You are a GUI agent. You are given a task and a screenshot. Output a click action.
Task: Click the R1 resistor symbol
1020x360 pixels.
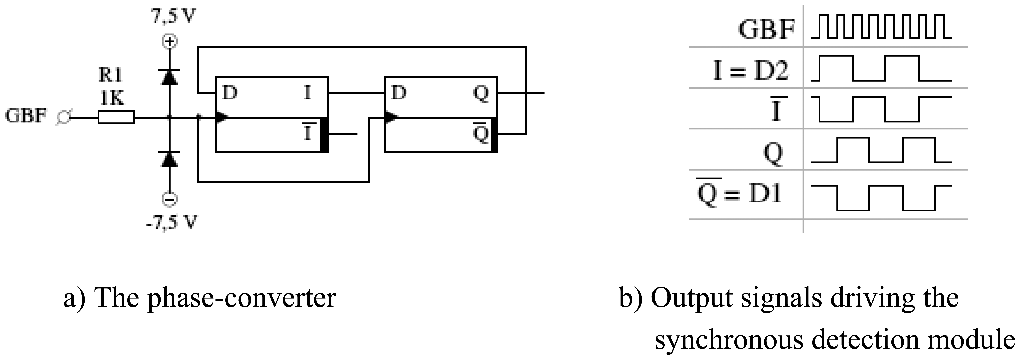[x=116, y=118]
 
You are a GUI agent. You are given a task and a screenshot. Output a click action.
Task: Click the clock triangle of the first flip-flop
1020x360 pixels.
[x=222, y=117]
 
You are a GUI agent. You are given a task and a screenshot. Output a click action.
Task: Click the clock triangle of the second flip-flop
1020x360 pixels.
[x=391, y=117]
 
